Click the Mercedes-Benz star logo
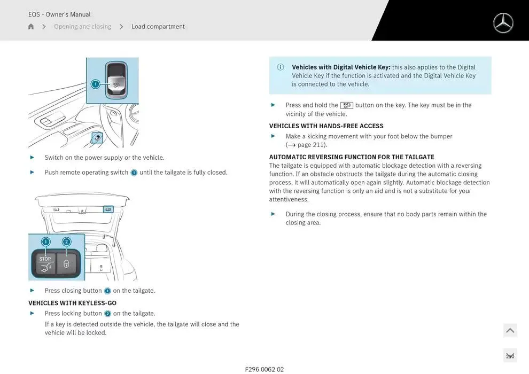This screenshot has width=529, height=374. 503,23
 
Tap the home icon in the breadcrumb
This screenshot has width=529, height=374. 31,27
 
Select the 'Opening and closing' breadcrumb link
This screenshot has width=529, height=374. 82,27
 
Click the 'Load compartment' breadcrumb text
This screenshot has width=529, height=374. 158,27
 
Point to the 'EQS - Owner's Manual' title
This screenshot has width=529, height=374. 59,14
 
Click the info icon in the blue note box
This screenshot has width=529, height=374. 281,67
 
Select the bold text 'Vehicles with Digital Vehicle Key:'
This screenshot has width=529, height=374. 341,67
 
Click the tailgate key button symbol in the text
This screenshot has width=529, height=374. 346,105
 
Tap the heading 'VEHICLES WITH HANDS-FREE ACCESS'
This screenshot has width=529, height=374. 326,126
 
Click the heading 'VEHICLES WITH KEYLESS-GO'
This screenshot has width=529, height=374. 72,303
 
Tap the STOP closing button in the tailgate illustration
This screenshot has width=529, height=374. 45,263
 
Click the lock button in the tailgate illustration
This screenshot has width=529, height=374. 67,263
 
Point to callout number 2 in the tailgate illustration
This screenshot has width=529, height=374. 67,241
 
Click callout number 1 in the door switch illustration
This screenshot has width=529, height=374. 95,84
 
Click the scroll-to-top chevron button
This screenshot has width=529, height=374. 510,331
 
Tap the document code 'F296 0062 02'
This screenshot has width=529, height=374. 264,369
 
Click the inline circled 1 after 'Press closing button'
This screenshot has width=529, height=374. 107,291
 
